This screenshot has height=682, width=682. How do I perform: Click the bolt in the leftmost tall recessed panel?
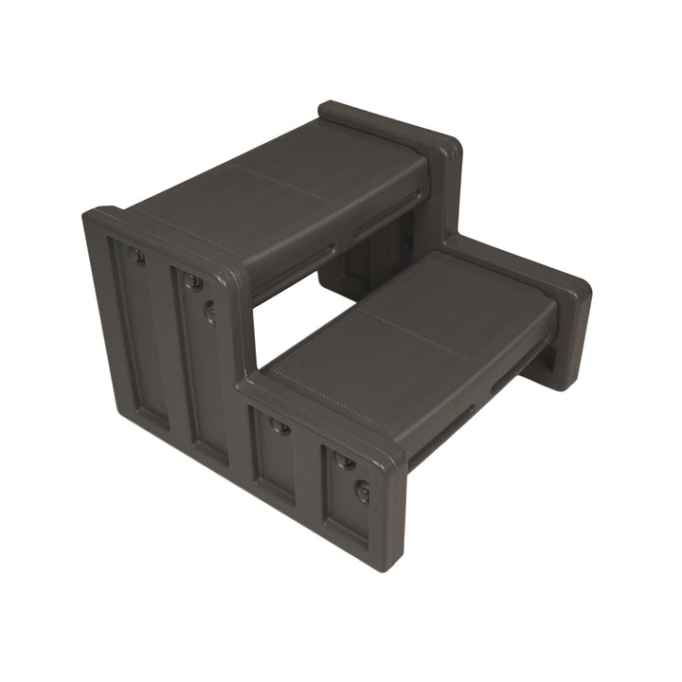click(137, 256)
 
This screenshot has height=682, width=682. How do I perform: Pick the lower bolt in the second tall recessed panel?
click(210, 311)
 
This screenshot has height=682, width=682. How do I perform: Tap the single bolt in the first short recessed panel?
click(279, 425)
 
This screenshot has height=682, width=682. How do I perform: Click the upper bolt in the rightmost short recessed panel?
click(345, 461)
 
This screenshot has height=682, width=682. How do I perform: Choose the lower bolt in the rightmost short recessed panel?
click(362, 491)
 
